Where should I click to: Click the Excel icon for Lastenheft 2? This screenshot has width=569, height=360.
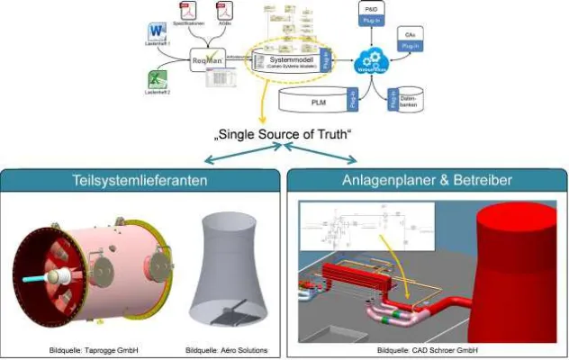[153, 80]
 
